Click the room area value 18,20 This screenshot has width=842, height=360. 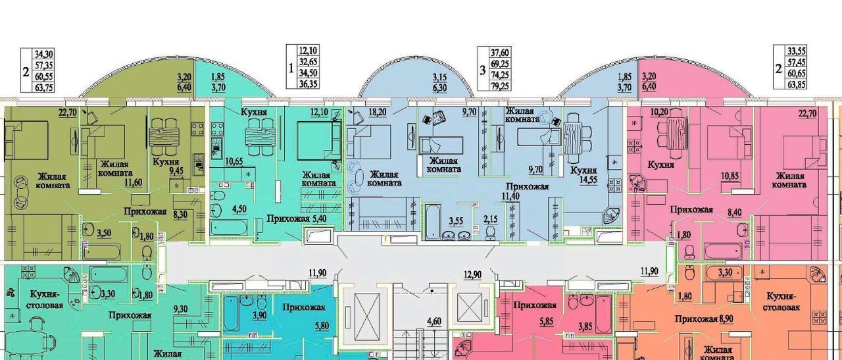pyautogui.click(x=377, y=111)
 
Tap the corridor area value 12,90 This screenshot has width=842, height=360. pyautogui.click(x=472, y=274)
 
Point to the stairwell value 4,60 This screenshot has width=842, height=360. pyautogui.click(x=434, y=322)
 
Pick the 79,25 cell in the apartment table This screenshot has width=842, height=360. pyautogui.click(x=500, y=86)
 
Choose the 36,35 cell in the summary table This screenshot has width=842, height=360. pyautogui.click(x=308, y=84)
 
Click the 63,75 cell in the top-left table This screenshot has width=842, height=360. pyautogui.click(x=44, y=88)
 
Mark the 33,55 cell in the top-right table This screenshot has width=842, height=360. pyautogui.click(x=796, y=51)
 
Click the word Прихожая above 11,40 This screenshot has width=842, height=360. pyautogui.click(x=527, y=186)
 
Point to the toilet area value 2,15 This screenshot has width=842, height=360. pyautogui.click(x=490, y=220)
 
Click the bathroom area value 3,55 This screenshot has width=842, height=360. pyautogui.click(x=456, y=220)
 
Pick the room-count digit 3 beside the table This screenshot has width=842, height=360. pyautogui.click(x=483, y=70)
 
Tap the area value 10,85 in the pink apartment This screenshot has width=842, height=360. pyautogui.click(x=730, y=176)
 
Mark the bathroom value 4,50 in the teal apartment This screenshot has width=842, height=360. pyautogui.click(x=239, y=209)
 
